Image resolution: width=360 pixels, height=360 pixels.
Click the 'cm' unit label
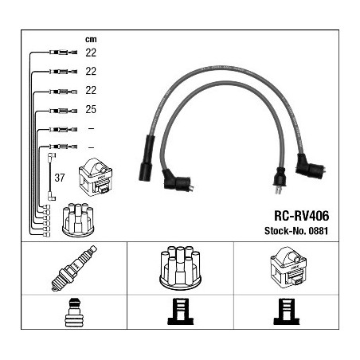pos(91,40)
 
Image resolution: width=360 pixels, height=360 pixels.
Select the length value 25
pos(91,109)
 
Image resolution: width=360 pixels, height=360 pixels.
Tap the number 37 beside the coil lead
pos(60,178)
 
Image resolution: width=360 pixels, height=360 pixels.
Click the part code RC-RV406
pos(301,216)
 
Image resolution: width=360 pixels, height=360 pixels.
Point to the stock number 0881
pos(319,231)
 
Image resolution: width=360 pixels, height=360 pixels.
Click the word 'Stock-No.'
pos(285,231)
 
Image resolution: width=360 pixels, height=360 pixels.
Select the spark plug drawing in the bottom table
pos(74,268)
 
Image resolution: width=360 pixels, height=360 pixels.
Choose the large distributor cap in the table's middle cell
pos(180,268)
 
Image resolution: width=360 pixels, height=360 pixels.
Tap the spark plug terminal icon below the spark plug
pos(74,312)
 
